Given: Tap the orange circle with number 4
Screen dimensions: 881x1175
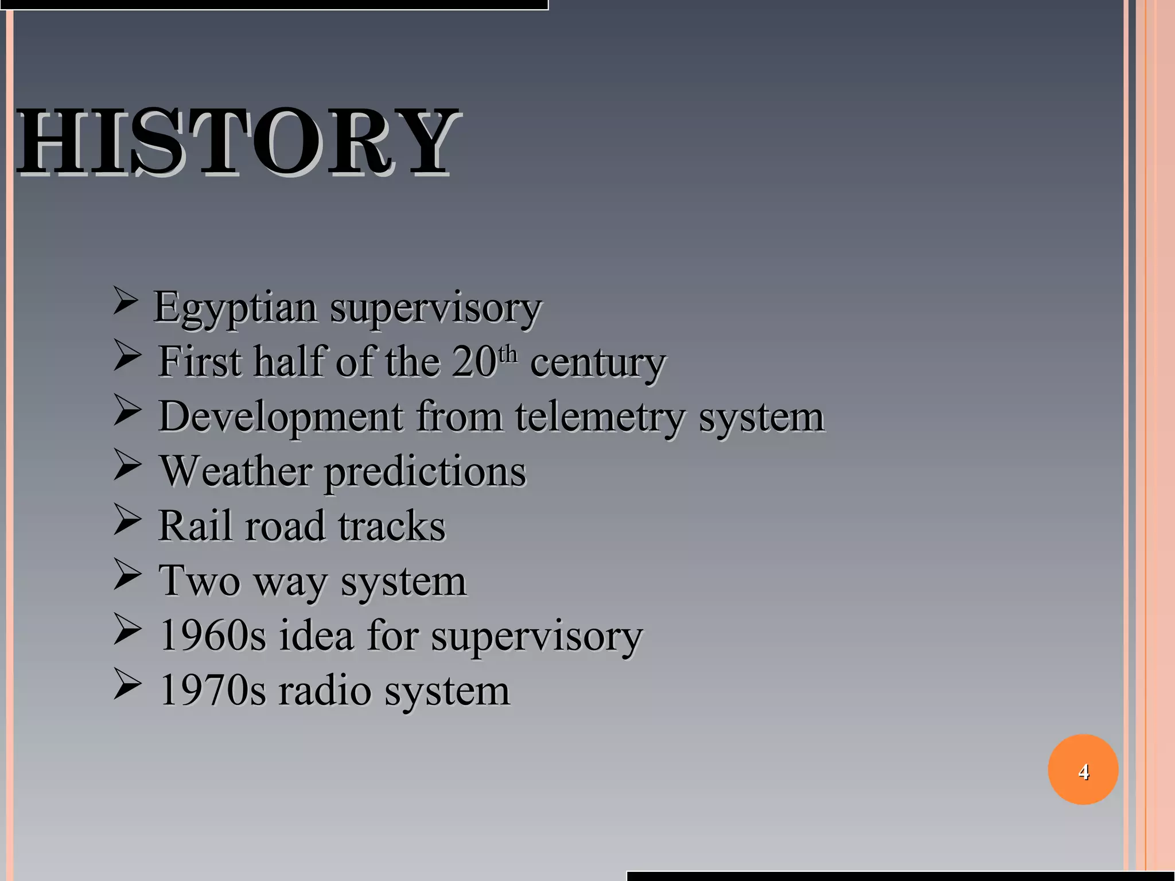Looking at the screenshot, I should [1083, 770].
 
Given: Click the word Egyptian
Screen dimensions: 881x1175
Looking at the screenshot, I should [235, 308].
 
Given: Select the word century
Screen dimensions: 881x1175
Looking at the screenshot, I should [597, 362].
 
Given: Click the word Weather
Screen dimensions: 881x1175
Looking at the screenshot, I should [235, 471].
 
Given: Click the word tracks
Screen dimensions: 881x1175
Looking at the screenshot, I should [391, 525].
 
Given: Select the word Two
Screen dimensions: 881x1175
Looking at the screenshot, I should [199, 580].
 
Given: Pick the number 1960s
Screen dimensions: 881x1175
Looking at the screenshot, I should [212, 636].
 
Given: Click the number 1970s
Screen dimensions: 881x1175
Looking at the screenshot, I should [212, 691].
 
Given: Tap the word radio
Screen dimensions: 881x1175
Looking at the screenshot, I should [325, 691].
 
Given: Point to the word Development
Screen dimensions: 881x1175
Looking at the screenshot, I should [281, 417].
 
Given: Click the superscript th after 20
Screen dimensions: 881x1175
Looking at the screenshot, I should [508, 354].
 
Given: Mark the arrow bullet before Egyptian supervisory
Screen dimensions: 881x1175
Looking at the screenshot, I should [125, 302].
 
